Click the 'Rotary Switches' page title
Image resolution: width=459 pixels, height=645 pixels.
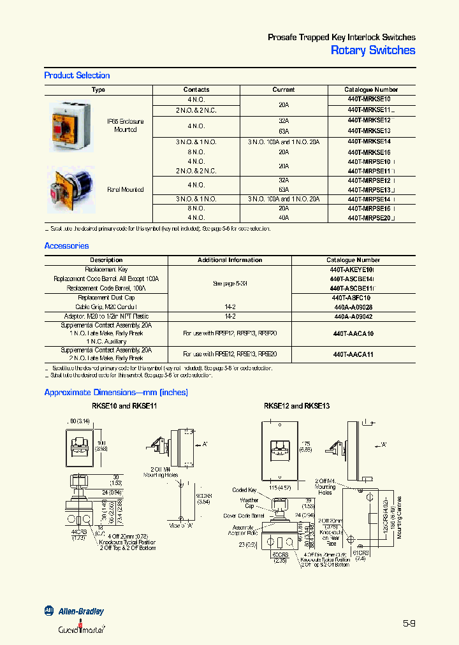coord(373,50)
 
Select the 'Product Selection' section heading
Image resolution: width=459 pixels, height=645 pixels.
coord(77,75)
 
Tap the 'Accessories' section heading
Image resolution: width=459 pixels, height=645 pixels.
coord(66,245)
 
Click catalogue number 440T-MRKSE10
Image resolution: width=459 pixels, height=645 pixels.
coord(369,99)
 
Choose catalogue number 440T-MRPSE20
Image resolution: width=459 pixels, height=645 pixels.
coord(370,217)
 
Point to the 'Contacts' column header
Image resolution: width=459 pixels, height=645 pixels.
coord(196,90)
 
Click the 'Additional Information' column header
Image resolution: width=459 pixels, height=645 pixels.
coord(229,260)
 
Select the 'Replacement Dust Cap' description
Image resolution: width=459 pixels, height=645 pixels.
coord(106,298)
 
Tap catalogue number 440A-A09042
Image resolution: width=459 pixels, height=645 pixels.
coord(353,315)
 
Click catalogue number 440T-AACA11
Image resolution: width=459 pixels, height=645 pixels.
coord(353,354)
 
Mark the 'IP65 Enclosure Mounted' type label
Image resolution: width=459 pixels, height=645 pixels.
coord(126,125)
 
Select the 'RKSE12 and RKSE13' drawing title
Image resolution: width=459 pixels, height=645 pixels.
coord(296,406)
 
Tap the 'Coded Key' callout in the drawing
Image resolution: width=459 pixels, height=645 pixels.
coord(244,490)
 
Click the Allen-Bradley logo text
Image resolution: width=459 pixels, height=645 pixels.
coord(81,611)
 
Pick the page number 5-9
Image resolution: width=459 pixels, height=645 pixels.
coord(409,623)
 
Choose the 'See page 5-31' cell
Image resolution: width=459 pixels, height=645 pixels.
coord(229,284)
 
